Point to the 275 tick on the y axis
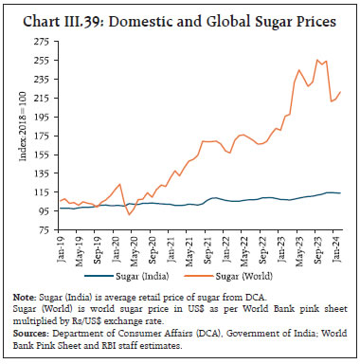[43, 42]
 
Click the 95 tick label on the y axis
[45, 212]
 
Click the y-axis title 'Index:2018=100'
[22, 127]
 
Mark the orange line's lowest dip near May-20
[130, 214]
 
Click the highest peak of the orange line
[317, 60]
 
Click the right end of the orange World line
[341, 92]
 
